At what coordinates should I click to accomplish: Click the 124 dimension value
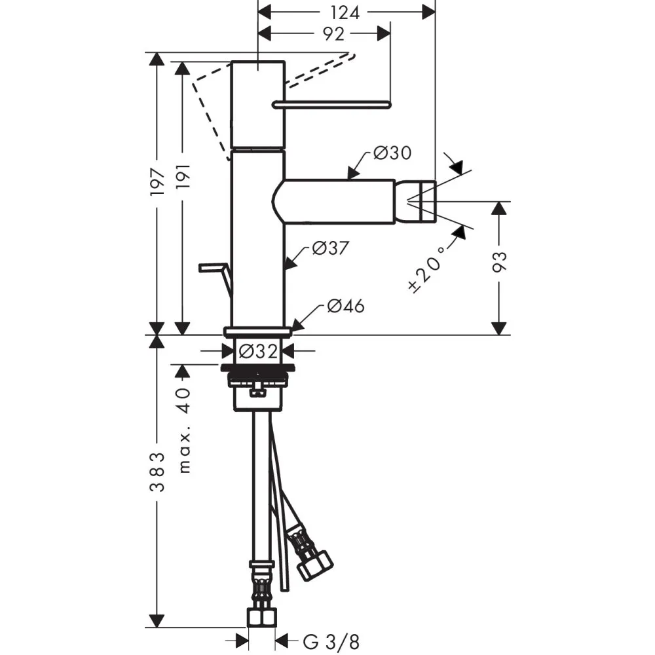pyautogui.click(x=345, y=12)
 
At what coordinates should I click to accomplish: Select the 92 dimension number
pyautogui.click(x=334, y=34)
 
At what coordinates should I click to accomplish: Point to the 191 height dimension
pyautogui.click(x=183, y=176)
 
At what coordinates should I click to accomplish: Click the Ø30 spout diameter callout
pyautogui.click(x=392, y=153)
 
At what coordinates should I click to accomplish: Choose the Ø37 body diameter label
pyautogui.click(x=330, y=248)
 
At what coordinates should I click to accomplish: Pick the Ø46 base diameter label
pyautogui.click(x=346, y=306)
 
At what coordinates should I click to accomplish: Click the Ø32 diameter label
pyautogui.click(x=258, y=351)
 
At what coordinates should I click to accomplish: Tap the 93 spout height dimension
pyautogui.click(x=500, y=263)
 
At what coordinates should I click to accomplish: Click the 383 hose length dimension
pyautogui.click(x=157, y=472)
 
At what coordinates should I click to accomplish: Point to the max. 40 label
pyautogui.click(x=184, y=430)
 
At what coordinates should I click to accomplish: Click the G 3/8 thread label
pyautogui.click(x=331, y=642)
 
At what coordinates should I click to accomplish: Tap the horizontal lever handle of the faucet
pyautogui.click(x=331, y=104)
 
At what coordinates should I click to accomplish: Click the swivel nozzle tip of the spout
pyautogui.click(x=422, y=201)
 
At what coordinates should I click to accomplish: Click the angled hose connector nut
pyautogui.click(x=314, y=565)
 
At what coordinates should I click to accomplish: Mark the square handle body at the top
pyautogui.click(x=258, y=104)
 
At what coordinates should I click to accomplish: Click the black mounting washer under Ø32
pyautogui.click(x=257, y=367)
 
